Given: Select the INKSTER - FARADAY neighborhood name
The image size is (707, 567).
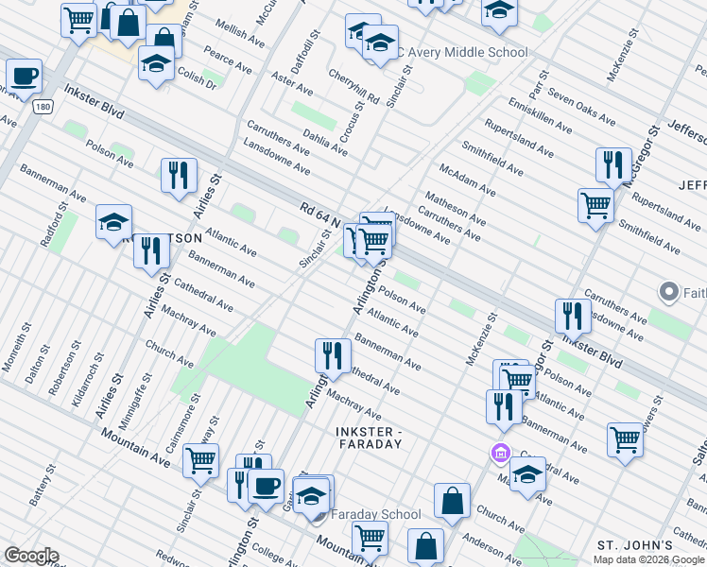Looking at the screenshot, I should [370, 433].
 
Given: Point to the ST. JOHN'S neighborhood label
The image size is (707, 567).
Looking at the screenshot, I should [634, 545].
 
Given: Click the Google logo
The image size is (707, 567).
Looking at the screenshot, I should [30, 556].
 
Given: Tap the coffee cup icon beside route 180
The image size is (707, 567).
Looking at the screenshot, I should [24, 76].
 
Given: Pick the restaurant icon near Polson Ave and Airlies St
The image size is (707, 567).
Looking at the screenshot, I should [178, 174].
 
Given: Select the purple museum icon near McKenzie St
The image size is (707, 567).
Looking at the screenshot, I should [500, 455].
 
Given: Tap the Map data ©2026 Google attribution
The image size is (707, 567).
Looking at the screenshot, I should [649, 558].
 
